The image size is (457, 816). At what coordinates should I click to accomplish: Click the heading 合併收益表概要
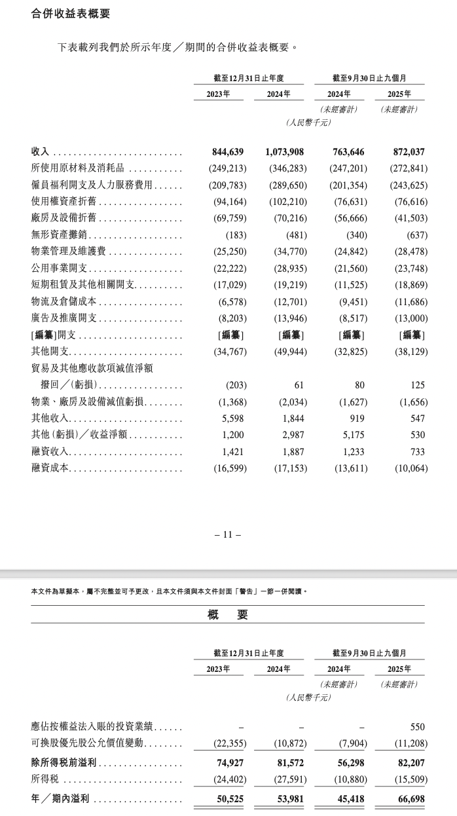pyautogui.click(x=71, y=13)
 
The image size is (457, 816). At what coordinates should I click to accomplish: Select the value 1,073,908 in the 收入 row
pyautogui.click(x=286, y=152)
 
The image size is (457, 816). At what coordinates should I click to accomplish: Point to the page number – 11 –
pyautogui.click(x=228, y=534)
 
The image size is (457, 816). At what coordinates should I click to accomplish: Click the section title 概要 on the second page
pyautogui.click(x=228, y=614)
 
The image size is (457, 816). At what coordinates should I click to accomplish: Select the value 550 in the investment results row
pyautogui.click(x=417, y=727)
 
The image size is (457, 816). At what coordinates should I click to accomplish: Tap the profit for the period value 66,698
pyautogui.click(x=410, y=800)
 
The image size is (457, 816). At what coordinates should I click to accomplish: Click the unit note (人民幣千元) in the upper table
pyautogui.click(x=308, y=122)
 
